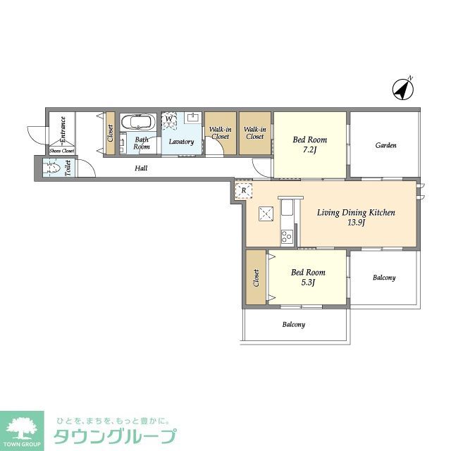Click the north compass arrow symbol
coord(402,89)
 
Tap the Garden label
coord(385,146)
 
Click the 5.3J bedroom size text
coord(309,283)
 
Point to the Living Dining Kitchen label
coord(356,212)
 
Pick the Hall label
coord(141,168)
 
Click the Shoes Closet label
coord(61,151)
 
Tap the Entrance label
coord(63,130)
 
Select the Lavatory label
coord(181,142)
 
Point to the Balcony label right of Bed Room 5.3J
coord(384,278)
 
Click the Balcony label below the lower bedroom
coord(293,325)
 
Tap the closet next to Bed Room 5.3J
coord(256,278)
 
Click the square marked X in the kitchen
coord(266,214)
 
